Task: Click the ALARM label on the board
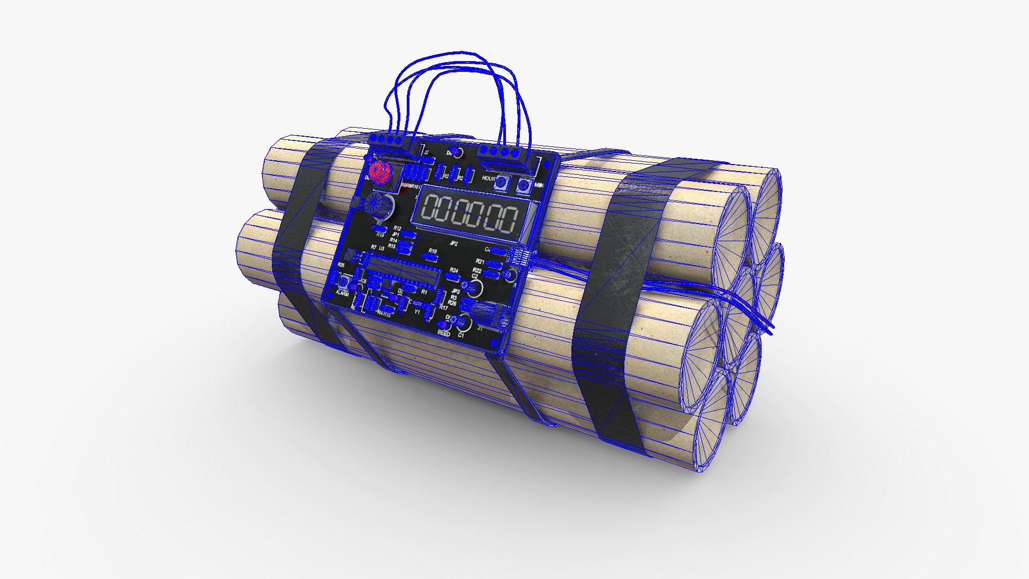click(341, 294)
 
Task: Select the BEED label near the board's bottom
click(444, 333)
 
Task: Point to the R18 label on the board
click(433, 251)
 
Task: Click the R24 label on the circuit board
click(454, 270)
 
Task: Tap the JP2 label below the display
click(453, 243)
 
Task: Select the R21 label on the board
click(480, 262)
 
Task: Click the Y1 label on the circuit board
click(417, 311)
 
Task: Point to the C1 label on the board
click(461, 335)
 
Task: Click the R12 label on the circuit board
click(397, 229)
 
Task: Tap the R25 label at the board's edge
click(341, 265)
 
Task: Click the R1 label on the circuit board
click(424, 292)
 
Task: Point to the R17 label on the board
click(443, 308)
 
